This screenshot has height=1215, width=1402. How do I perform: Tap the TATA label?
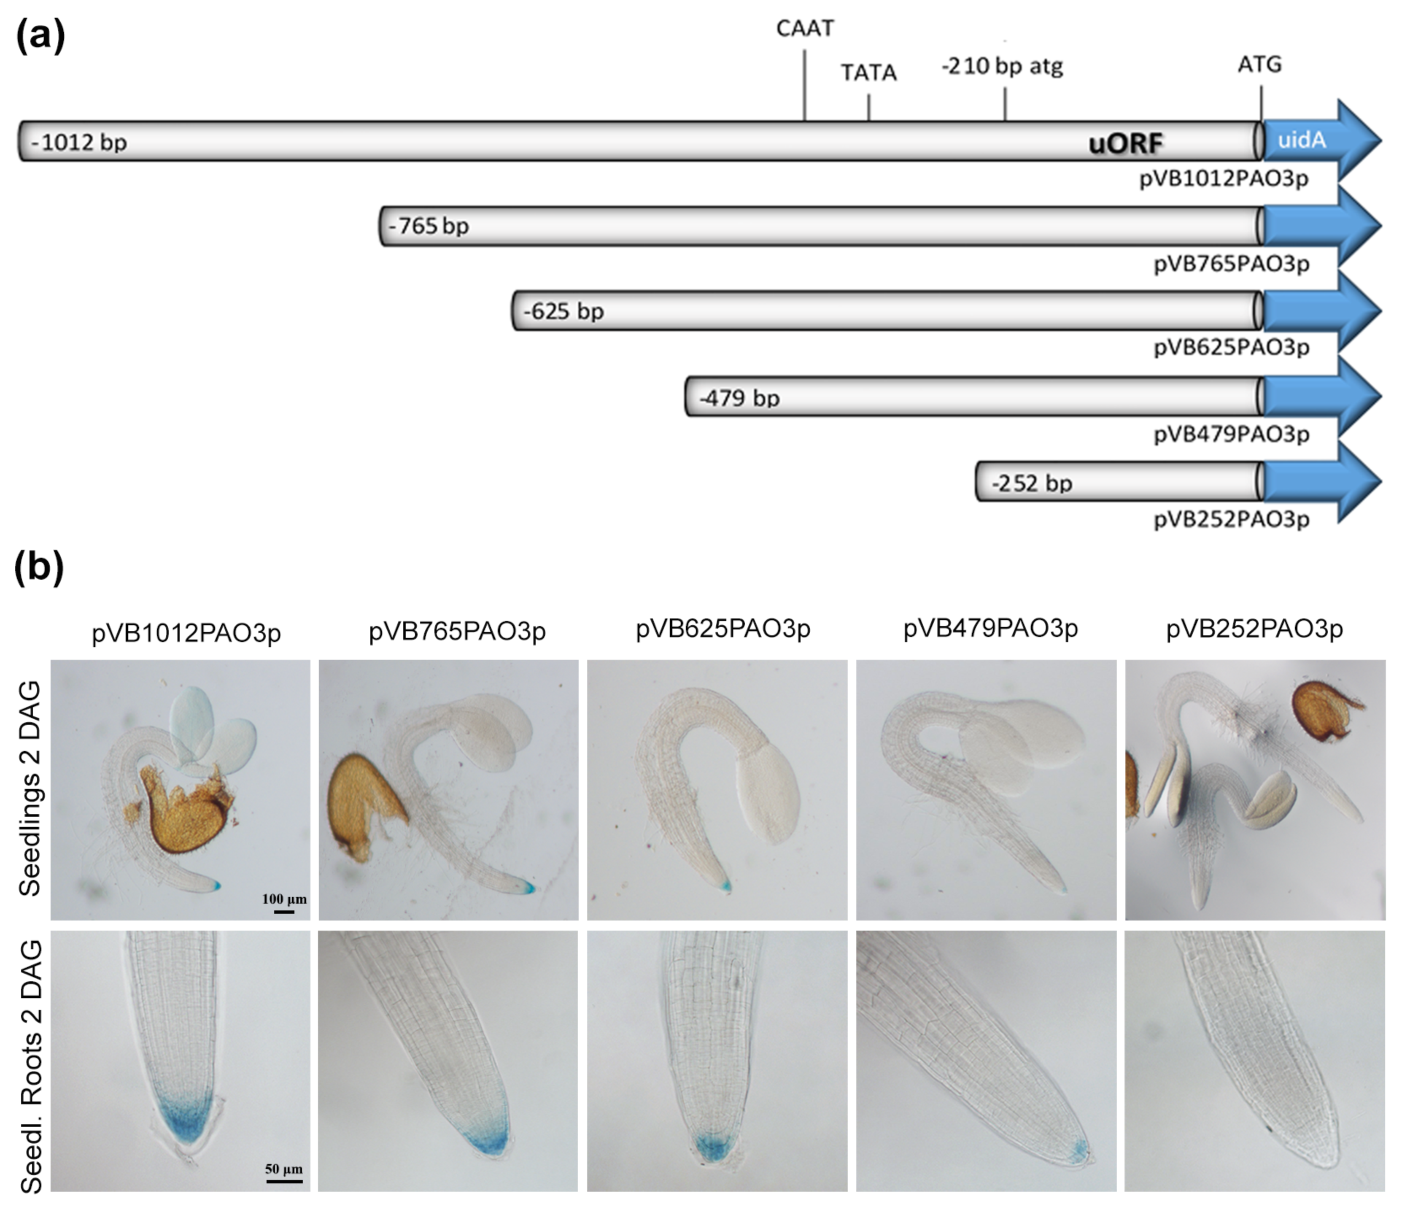(x=868, y=73)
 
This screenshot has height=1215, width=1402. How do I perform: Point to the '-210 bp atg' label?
(x=1002, y=67)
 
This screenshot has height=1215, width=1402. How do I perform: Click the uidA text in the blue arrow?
(x=1302, y=140)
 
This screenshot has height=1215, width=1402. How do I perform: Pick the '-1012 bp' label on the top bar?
(x=79, y=143)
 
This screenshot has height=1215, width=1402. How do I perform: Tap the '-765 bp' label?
(x=429, y=226)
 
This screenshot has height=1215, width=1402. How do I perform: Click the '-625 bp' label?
(x=563, y=311)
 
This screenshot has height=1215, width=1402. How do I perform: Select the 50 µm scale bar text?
(x=283, y=1169)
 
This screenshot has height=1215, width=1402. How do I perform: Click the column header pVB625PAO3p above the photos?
(x=723, y=629)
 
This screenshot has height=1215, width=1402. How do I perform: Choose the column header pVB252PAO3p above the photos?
(x=1254, y=629)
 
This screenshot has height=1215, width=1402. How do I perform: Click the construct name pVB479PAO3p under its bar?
(x=1231, y=434)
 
